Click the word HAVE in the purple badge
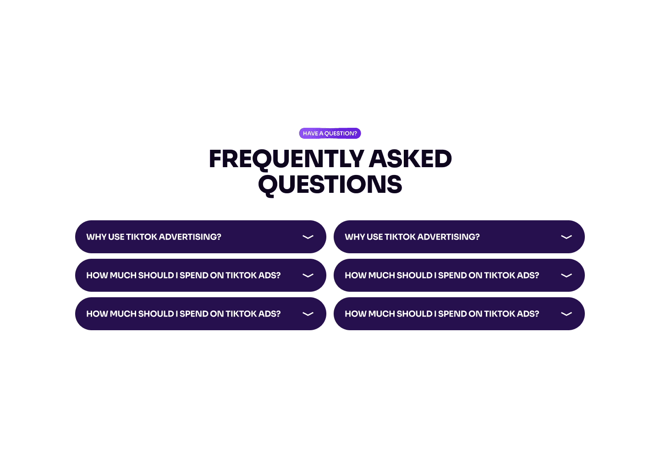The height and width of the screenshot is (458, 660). coord(310,134)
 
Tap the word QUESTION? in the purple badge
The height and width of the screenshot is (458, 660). coord(341,134)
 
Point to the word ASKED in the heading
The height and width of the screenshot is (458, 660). coord(410,159)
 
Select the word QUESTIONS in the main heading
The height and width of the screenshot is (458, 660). coord(330,185)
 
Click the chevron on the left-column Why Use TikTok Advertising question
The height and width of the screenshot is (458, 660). coord(308,237)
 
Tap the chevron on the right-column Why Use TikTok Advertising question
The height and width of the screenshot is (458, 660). coord(566,237)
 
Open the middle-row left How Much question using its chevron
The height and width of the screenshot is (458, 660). coord(308,275)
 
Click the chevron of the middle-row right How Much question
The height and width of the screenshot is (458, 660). coord(566,275)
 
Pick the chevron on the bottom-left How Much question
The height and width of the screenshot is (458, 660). coord(308,314)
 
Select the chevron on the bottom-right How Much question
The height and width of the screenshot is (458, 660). coord(566,314)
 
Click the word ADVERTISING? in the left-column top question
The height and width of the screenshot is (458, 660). coord(190,237)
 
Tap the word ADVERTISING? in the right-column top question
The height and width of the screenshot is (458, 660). coord(448,237)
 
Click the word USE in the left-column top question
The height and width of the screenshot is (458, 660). coord(116,237)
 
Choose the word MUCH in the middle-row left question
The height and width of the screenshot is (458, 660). coord(123,275)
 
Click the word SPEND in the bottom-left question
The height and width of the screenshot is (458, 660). coord(194,314)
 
